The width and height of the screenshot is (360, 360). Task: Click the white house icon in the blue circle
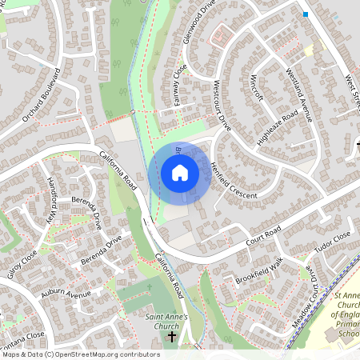coord(180,173)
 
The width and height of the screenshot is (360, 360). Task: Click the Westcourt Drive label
coord(222,105)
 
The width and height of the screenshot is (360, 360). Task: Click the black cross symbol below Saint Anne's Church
coord(171,338)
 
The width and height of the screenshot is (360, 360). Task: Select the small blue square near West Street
coord(305,14)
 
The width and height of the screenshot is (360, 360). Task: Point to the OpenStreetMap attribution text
coord(80,354)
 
